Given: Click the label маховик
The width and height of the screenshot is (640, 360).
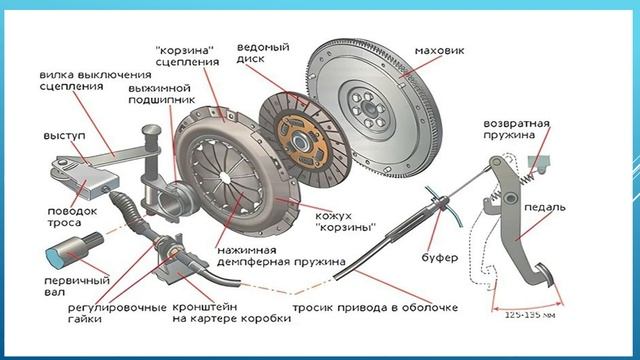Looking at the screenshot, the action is click(x=439, y=51).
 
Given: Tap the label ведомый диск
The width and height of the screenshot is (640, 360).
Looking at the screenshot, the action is click(x=263, y=53).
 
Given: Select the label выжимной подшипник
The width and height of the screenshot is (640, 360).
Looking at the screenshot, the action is click(x=162, y=94).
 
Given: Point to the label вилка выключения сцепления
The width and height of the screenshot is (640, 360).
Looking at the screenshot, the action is click(x=95, y=80).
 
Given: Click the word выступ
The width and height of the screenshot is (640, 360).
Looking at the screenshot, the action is click(x=64, y=136).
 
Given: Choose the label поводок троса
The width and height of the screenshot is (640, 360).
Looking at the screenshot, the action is click(x=72, y=217).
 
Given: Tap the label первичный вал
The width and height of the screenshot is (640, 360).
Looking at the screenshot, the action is click(x=77, y=287).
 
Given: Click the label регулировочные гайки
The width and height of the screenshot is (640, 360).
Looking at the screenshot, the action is click(x=117, y=313).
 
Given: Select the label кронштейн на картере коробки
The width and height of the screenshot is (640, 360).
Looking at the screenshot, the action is click(x=231, y=313).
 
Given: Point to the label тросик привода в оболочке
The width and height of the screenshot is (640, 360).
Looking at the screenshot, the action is click(x=375, y=307).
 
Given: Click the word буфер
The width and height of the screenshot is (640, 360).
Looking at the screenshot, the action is click(x=440, y=258).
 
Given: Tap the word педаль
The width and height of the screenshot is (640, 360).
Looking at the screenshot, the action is click(x=545, y=207).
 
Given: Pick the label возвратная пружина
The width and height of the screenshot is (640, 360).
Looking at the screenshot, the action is click(x=517, y=129).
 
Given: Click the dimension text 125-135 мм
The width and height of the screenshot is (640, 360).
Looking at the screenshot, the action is click(x=530, y=315).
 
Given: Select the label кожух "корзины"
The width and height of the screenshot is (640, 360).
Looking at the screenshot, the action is click(x=345, y=222).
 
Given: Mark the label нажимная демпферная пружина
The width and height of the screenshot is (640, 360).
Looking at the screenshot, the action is click(x=281, y=256).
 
